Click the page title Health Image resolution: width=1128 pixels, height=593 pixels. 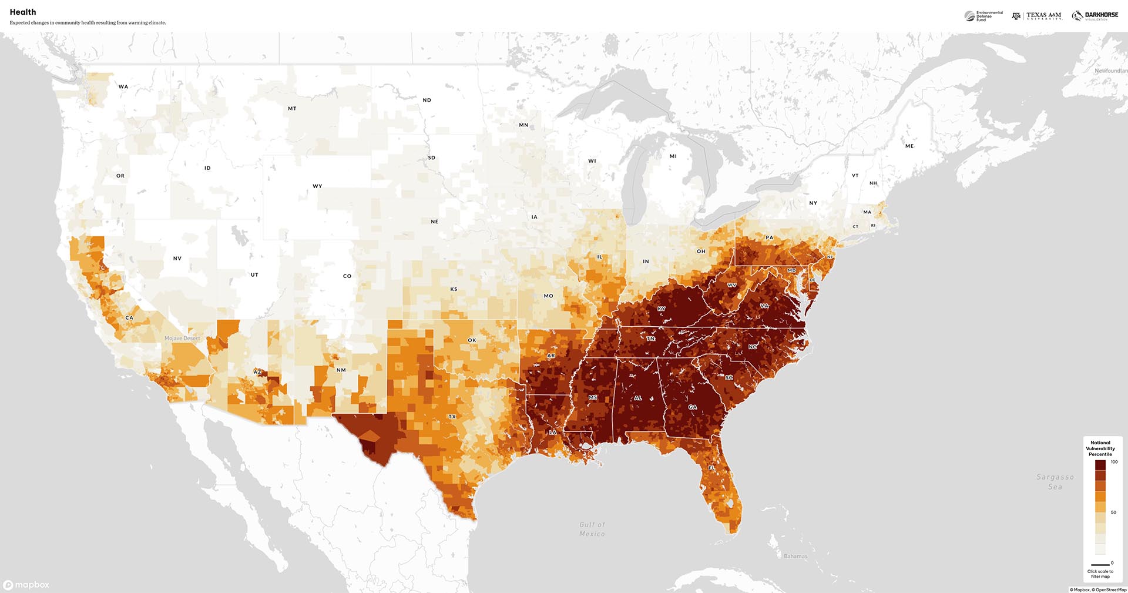(x=23, y=12)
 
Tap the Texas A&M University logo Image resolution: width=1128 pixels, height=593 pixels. (x=1037, y=16)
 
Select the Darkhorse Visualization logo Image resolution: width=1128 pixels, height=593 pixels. (x=1095, y=16)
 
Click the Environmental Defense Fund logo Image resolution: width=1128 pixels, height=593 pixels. (x=984, y=16)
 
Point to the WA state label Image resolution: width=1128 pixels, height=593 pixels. (x=123, y=86)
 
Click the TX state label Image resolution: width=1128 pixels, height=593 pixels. (x=452, y=417)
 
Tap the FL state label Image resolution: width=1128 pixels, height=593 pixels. (x=711, y=468)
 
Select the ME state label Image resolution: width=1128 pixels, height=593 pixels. (x=909, y=146)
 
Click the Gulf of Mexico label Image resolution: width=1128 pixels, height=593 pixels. (x=592, y=529)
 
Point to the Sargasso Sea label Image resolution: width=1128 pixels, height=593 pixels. (x=1055, y=482)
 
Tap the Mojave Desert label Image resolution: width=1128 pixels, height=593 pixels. (x=182, y=338)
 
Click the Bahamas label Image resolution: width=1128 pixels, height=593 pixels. (x=795, y=556)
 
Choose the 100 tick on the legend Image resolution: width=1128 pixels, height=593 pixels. (x=1114, y=462)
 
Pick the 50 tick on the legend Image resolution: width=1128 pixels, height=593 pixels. (x=1113, y=512)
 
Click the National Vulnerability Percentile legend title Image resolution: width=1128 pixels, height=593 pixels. (x=1100, y=448)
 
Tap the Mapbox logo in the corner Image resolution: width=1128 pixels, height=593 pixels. (x=26, y=585)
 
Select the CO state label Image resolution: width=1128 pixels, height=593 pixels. (x=347, y=276)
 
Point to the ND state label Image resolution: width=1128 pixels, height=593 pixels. (x=427, y=100)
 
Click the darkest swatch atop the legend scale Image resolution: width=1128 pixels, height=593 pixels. (x=1100, y=465)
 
